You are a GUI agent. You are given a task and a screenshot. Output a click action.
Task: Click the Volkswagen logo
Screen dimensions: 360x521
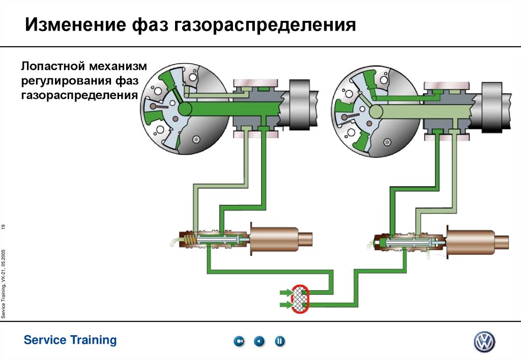tap(484, 342)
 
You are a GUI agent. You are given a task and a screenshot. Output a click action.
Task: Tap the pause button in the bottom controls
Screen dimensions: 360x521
tap(280, 342)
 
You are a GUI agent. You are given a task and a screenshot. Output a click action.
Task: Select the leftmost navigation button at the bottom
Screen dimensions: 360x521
tap(239, 342)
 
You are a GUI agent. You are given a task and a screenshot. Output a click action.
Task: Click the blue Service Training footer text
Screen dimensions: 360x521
tap(70, 340)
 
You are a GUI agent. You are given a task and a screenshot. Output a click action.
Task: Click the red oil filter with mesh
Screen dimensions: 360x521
tap(301, 298)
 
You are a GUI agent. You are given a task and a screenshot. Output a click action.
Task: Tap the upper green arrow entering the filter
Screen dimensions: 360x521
tap(285, 293)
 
